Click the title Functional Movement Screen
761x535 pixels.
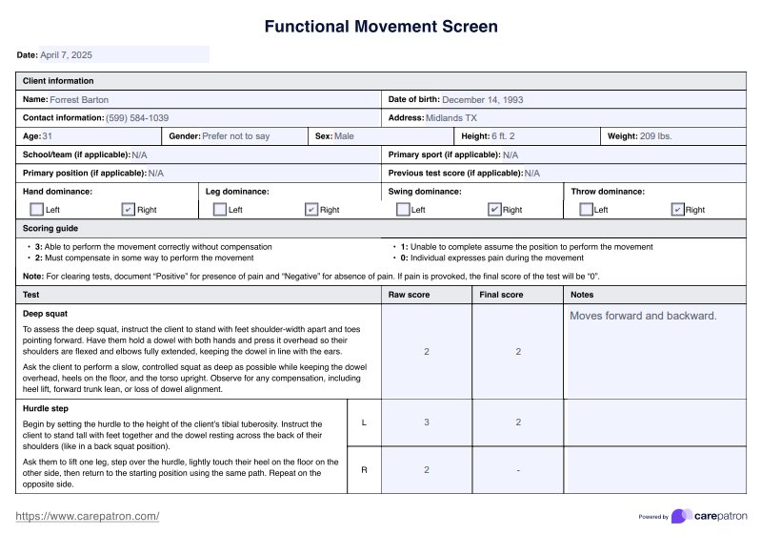click(x=381, y=26)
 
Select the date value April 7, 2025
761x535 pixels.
click(x=67, y=55)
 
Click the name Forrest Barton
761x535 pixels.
click(x=79, y=99)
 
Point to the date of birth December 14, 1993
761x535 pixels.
click(x=482, y=99)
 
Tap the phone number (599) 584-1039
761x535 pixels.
click(x=137, y=117)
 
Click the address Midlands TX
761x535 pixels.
click(x=451, y=117)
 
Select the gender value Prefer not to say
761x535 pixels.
click(x=236, y=136)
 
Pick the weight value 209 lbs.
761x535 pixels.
click(x=655, y=136)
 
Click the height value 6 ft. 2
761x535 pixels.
click(x=502, y=136)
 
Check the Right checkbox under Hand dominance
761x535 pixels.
click(x=129, y=209)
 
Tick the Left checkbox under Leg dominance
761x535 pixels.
click(x=220, y=209)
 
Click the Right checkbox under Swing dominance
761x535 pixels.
click(x=494, y=209)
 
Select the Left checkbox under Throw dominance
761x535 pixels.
click(x=586, y=209)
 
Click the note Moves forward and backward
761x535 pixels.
click(x=643, y=316)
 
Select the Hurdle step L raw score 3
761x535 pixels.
click(x=427, y=422)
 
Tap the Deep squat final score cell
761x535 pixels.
click(x=518, y=352)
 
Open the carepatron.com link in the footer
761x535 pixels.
click(x=88, y=516)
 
